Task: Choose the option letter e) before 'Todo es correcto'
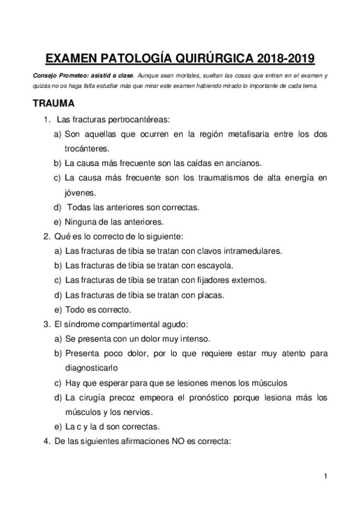click(x=58, y=310)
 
